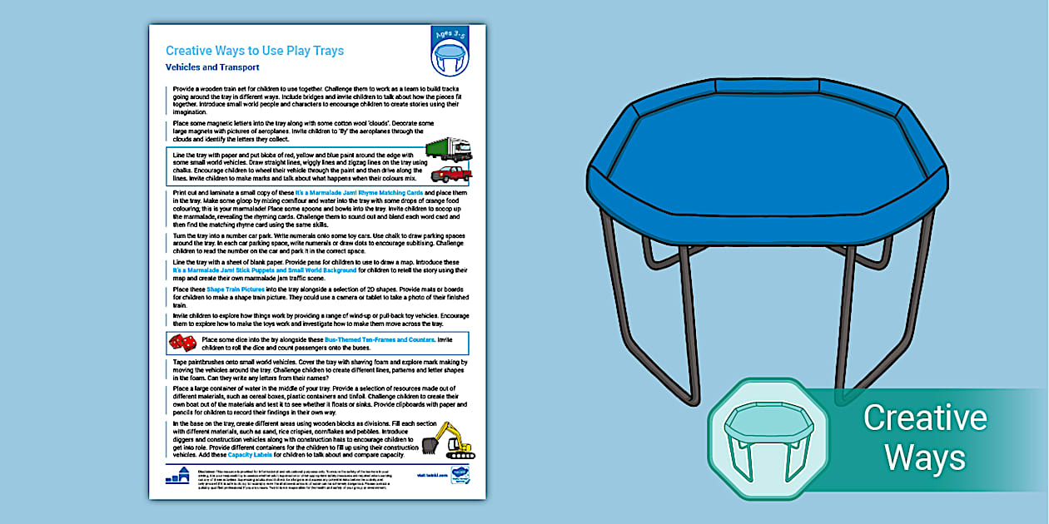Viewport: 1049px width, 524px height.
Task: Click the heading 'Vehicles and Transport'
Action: click(212, 67)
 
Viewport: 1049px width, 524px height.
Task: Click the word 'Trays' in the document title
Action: click(326, 51)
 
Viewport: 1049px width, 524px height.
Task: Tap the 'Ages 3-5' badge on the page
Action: click(450, 51)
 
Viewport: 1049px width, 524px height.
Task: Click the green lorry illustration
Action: click(449, 150)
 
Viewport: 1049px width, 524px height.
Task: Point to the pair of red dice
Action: click(182, 343)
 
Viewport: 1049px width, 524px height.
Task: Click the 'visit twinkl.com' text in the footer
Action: click(432, 476)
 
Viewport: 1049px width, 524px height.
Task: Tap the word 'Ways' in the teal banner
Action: click(924, 457)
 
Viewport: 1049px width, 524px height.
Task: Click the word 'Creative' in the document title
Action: click(190, 51)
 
